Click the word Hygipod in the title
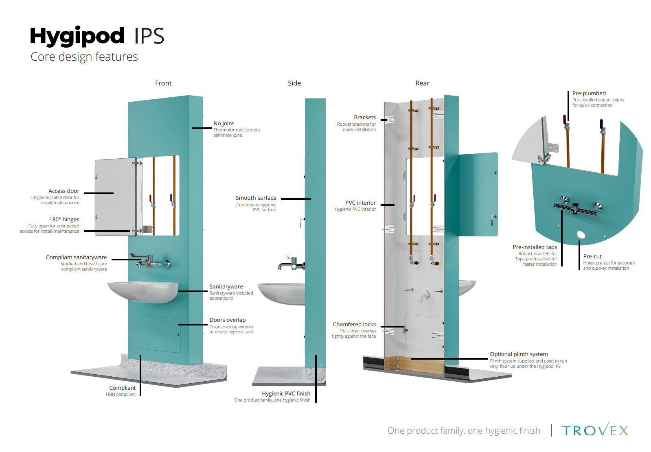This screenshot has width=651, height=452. [77, 36]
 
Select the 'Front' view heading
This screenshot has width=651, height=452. [163, 83]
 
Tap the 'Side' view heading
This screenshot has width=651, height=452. [294, 83]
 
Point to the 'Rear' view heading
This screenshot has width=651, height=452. [422, 83]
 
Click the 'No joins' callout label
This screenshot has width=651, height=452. [224, 123]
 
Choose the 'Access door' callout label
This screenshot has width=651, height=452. [64, 191]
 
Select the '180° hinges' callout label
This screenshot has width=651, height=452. [64, 219]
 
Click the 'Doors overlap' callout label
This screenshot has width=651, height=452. [228, 320]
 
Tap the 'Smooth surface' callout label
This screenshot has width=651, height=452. [256, 198]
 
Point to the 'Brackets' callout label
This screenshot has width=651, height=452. [365, 117]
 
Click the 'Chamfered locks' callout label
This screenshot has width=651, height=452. [354, 324]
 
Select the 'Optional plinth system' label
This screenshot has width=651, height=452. [519, 354]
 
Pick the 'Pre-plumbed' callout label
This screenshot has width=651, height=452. [589, 93]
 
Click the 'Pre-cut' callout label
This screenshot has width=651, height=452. [592, 256]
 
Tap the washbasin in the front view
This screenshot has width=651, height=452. [142, 291]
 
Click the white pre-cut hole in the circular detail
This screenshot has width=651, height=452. [581, 234]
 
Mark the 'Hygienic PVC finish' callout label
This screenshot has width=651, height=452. [286, 393]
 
